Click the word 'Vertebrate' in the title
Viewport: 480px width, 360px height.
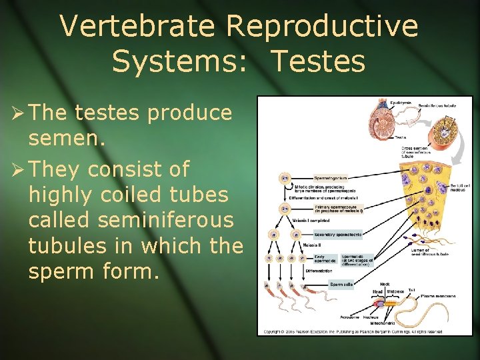tap(137, 27)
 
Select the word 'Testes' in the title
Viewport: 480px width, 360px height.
tap(318, 61)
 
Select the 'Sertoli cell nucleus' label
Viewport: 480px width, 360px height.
tap(457, 188)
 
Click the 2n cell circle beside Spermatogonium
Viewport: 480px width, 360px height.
tap(285, 178)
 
